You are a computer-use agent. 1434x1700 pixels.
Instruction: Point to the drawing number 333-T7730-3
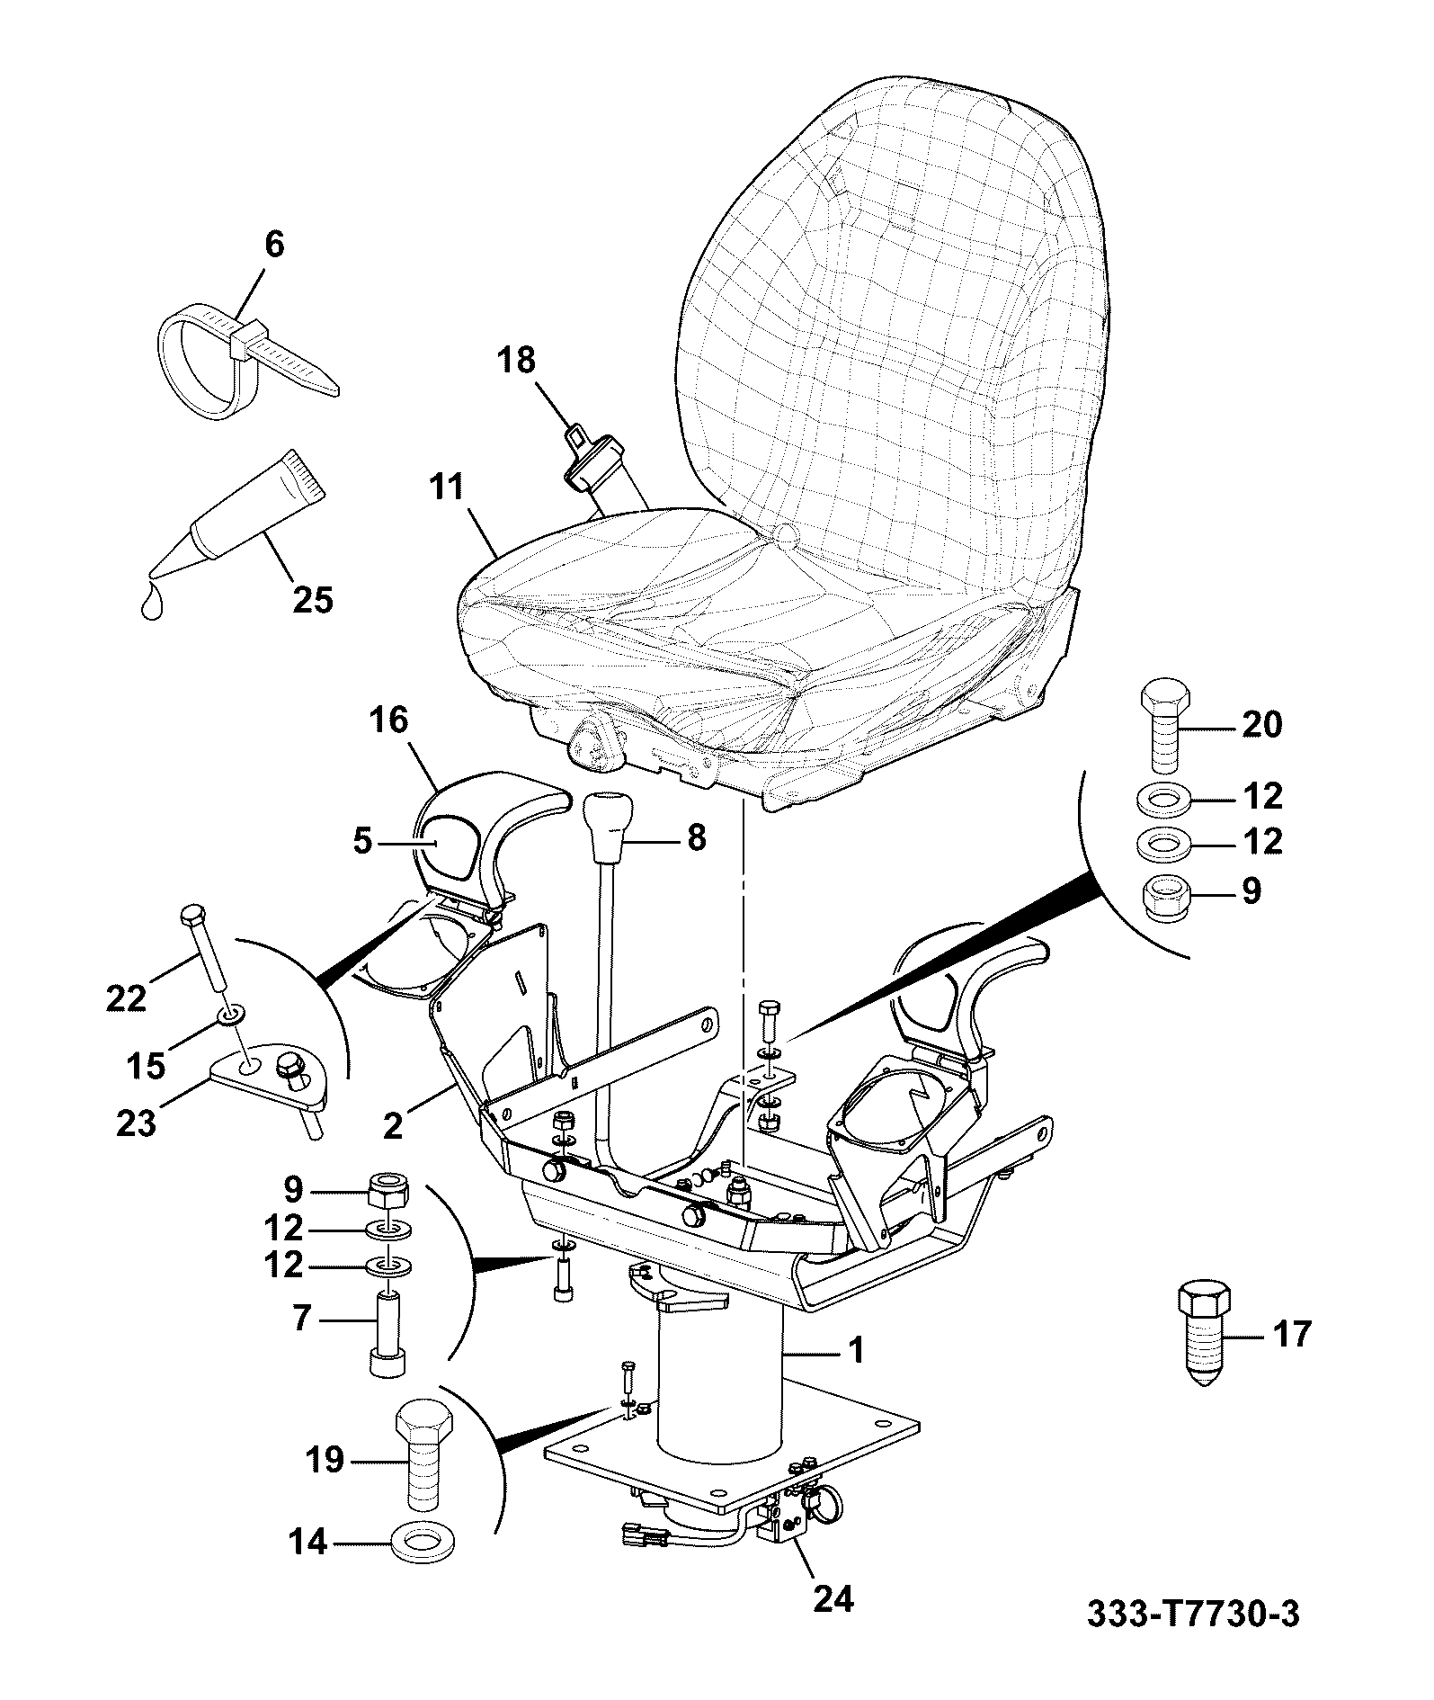click(x=1193, y=1613)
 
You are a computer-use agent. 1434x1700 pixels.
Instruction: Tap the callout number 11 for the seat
click(x=446, y=487)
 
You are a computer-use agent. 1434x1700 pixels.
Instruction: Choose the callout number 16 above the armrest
click(x=387, y=720)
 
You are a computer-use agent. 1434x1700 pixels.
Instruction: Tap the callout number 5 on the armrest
click(x=361, y=843)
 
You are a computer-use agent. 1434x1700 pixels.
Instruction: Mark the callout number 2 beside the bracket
click(x=393, y=1126)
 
